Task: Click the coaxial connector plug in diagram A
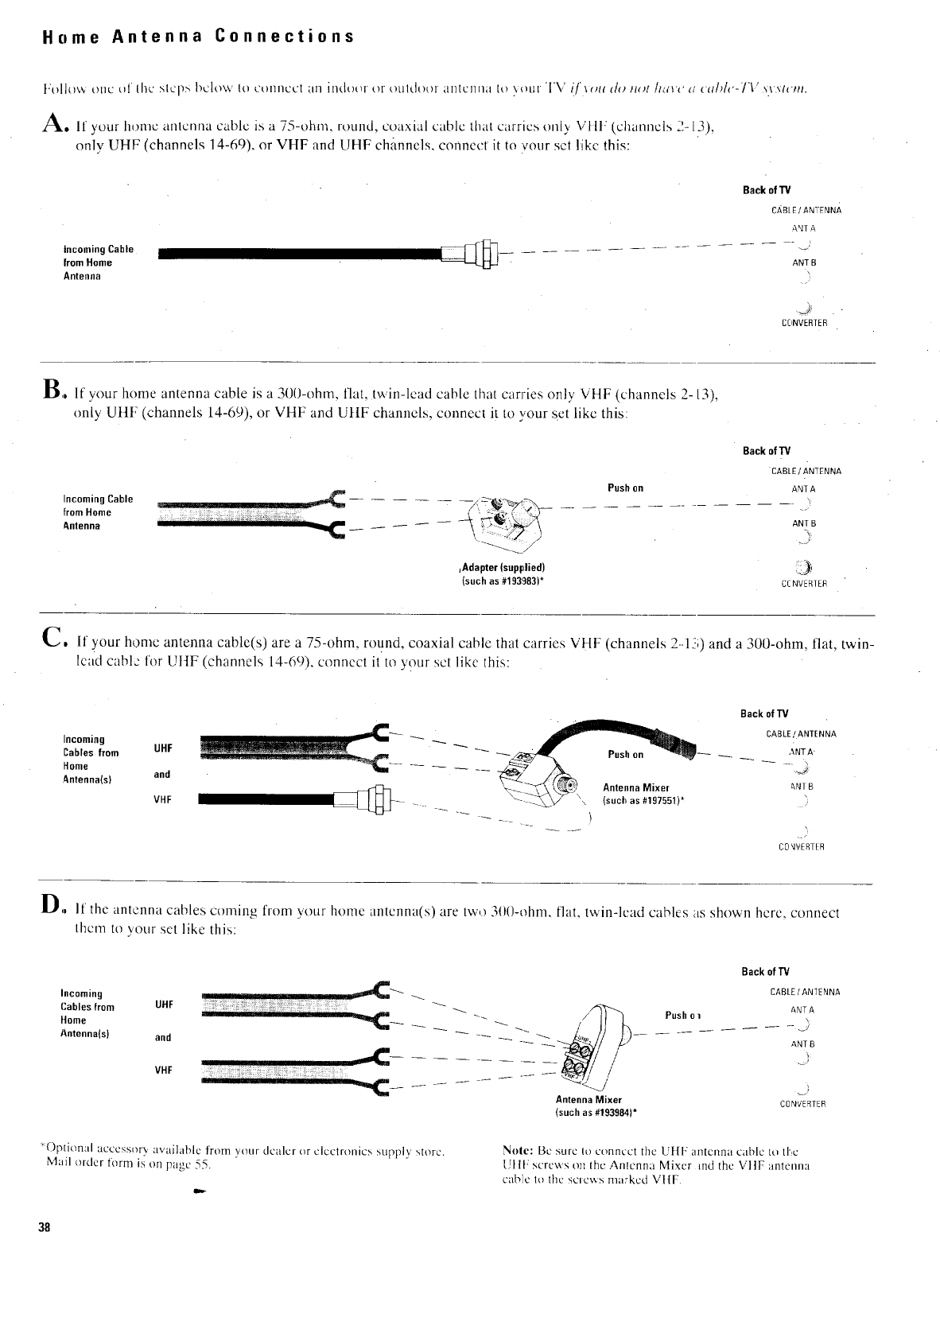point(480,255)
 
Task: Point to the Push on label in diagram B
point(625,488)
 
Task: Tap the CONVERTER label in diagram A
point(804,323)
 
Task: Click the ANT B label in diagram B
point(804,523)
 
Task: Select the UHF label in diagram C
point(163,748)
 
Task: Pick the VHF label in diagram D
point(163,1070)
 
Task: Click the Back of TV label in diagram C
point(764,713)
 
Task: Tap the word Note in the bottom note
point(518,1151)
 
